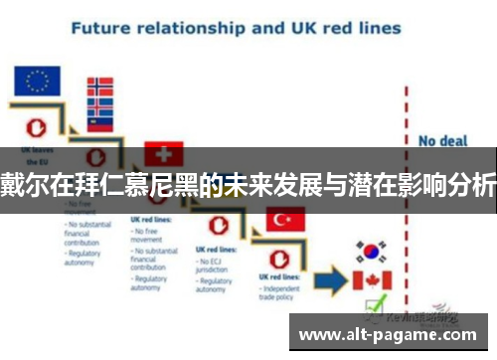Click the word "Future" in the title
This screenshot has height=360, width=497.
tap(104, 27)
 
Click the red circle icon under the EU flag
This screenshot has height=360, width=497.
tap(36, 125)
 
